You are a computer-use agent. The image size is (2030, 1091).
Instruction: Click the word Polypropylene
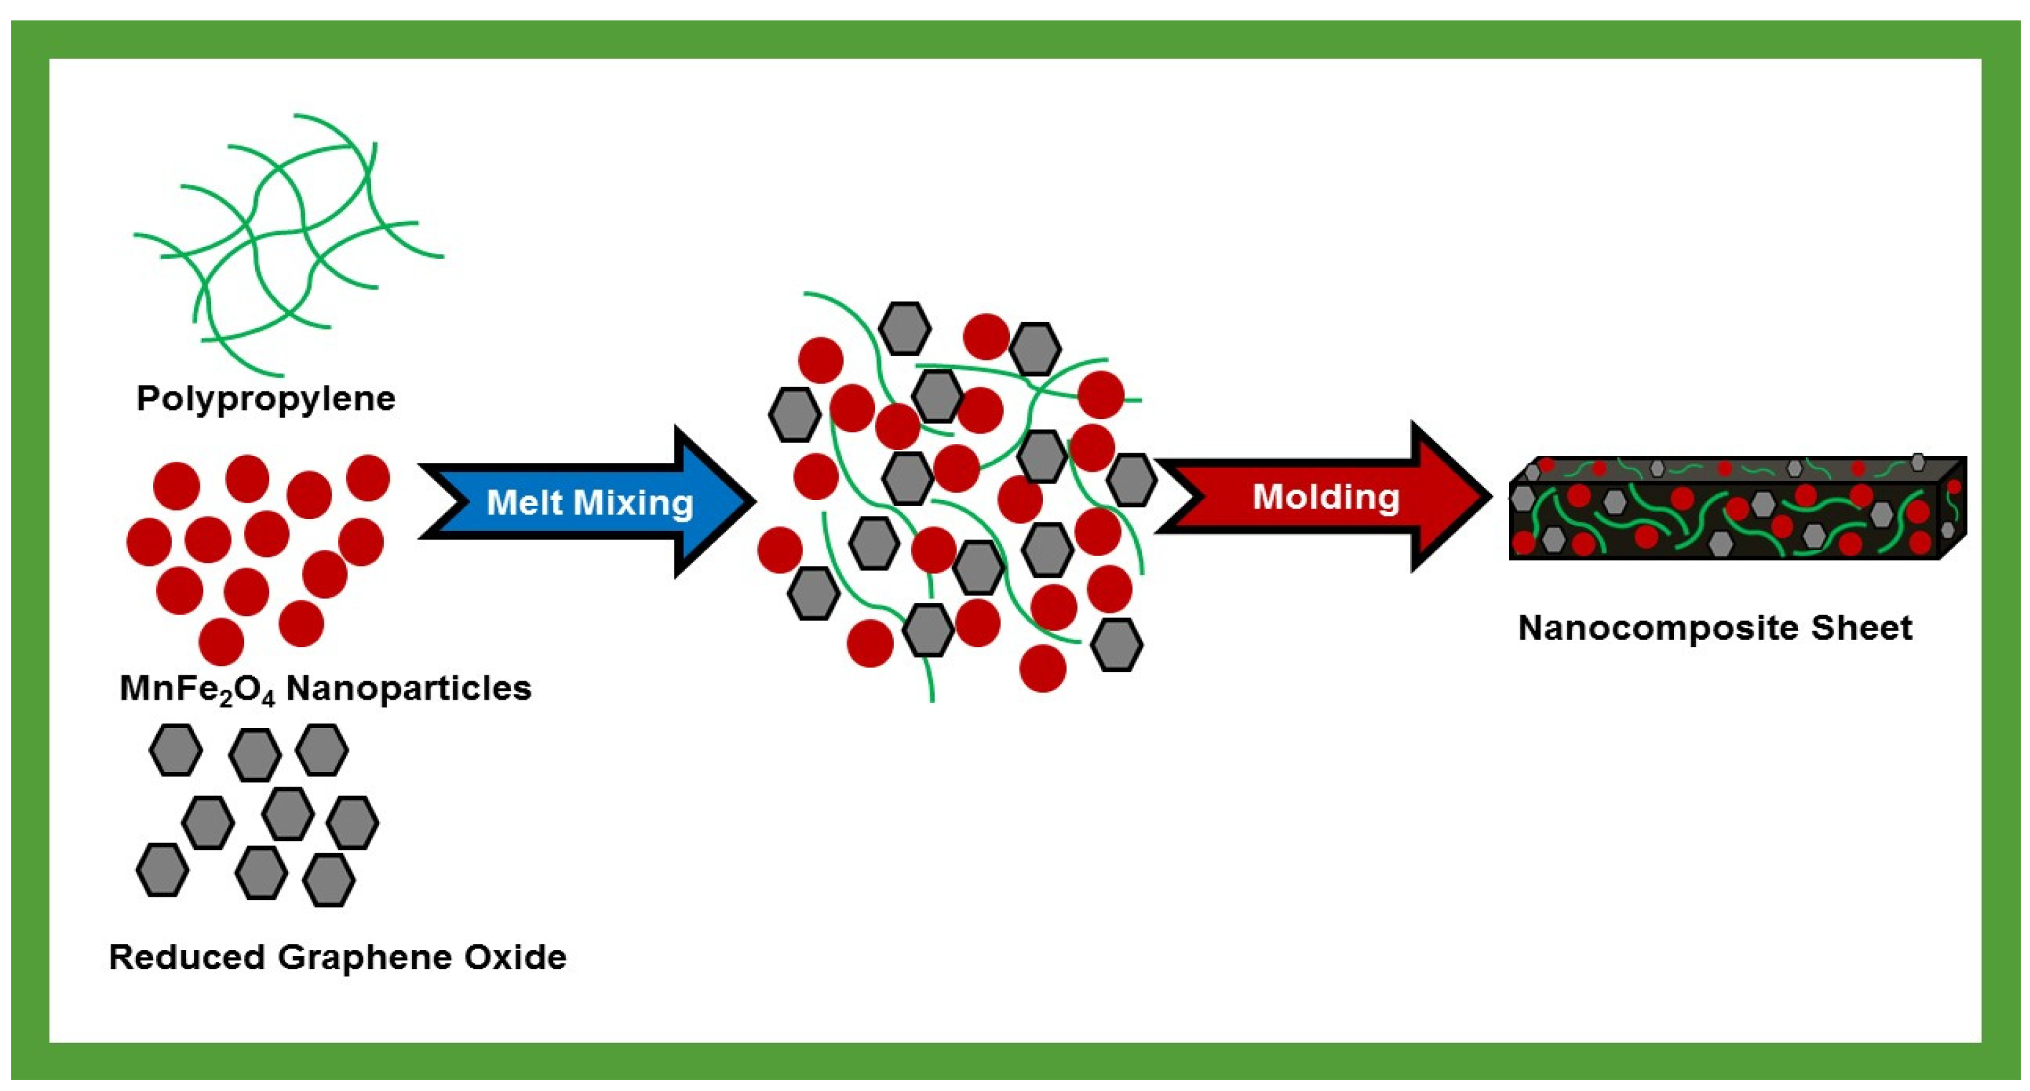point(266,399)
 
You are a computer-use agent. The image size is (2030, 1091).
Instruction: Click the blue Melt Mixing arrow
point(587,502)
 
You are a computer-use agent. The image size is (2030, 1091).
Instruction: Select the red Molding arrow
point(1324,497)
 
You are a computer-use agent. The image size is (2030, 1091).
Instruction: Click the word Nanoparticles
point(408,688)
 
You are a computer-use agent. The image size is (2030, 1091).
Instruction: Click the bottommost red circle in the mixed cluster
point(1042,668)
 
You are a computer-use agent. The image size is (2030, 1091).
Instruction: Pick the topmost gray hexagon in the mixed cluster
point(905,327)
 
